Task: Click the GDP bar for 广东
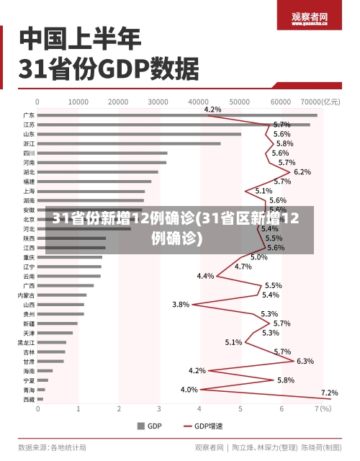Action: coord(176,115)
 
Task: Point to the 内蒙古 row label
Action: coord(26,295)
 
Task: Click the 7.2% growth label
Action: coord(329,393)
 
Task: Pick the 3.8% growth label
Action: coord(181,305)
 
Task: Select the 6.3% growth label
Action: coord(305,361)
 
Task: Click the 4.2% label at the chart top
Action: coord(213,109)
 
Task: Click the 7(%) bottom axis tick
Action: coord(322,408)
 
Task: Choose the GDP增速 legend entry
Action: coord(205,426)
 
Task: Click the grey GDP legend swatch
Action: coord(140,426)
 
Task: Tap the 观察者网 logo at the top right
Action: coord(310,19)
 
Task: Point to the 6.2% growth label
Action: coord(302,172)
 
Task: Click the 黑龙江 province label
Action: coord(26,343)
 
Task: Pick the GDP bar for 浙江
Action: coord(129,143)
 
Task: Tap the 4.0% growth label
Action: coord(189,390)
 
